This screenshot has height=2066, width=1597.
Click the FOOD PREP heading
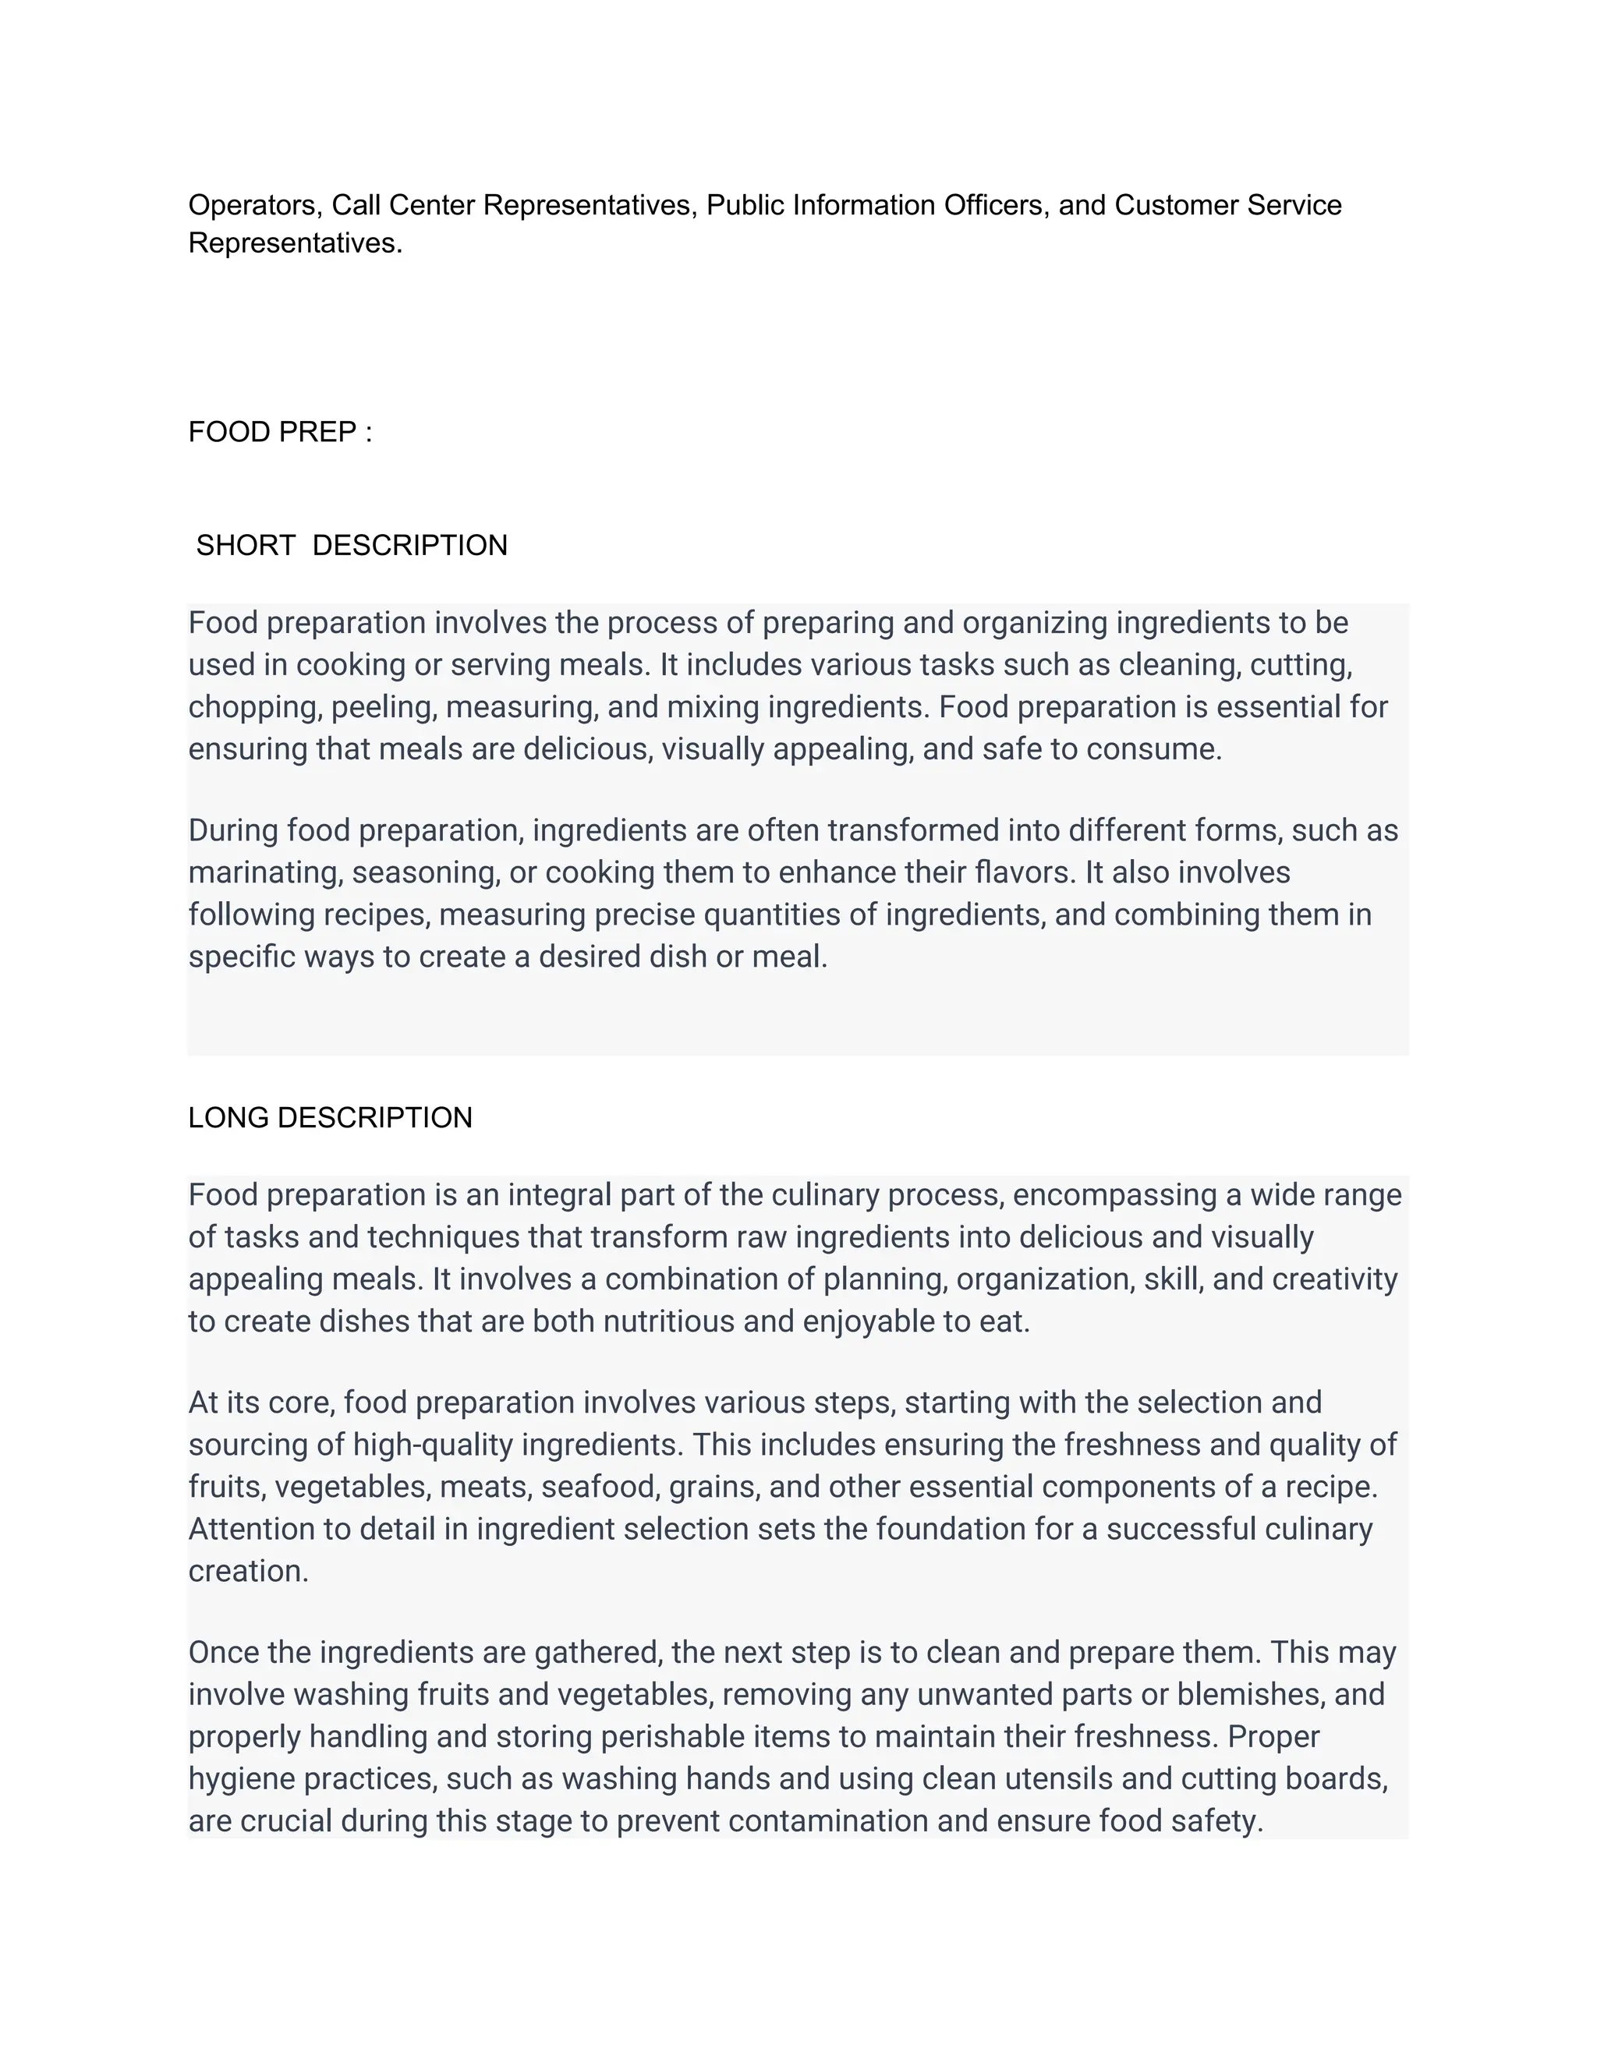tap(280, 433)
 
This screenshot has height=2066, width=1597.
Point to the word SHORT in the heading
tap(246, 546)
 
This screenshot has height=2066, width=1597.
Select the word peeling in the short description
tap(383, 708)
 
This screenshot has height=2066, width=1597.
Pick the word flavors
tap(1025, 872)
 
